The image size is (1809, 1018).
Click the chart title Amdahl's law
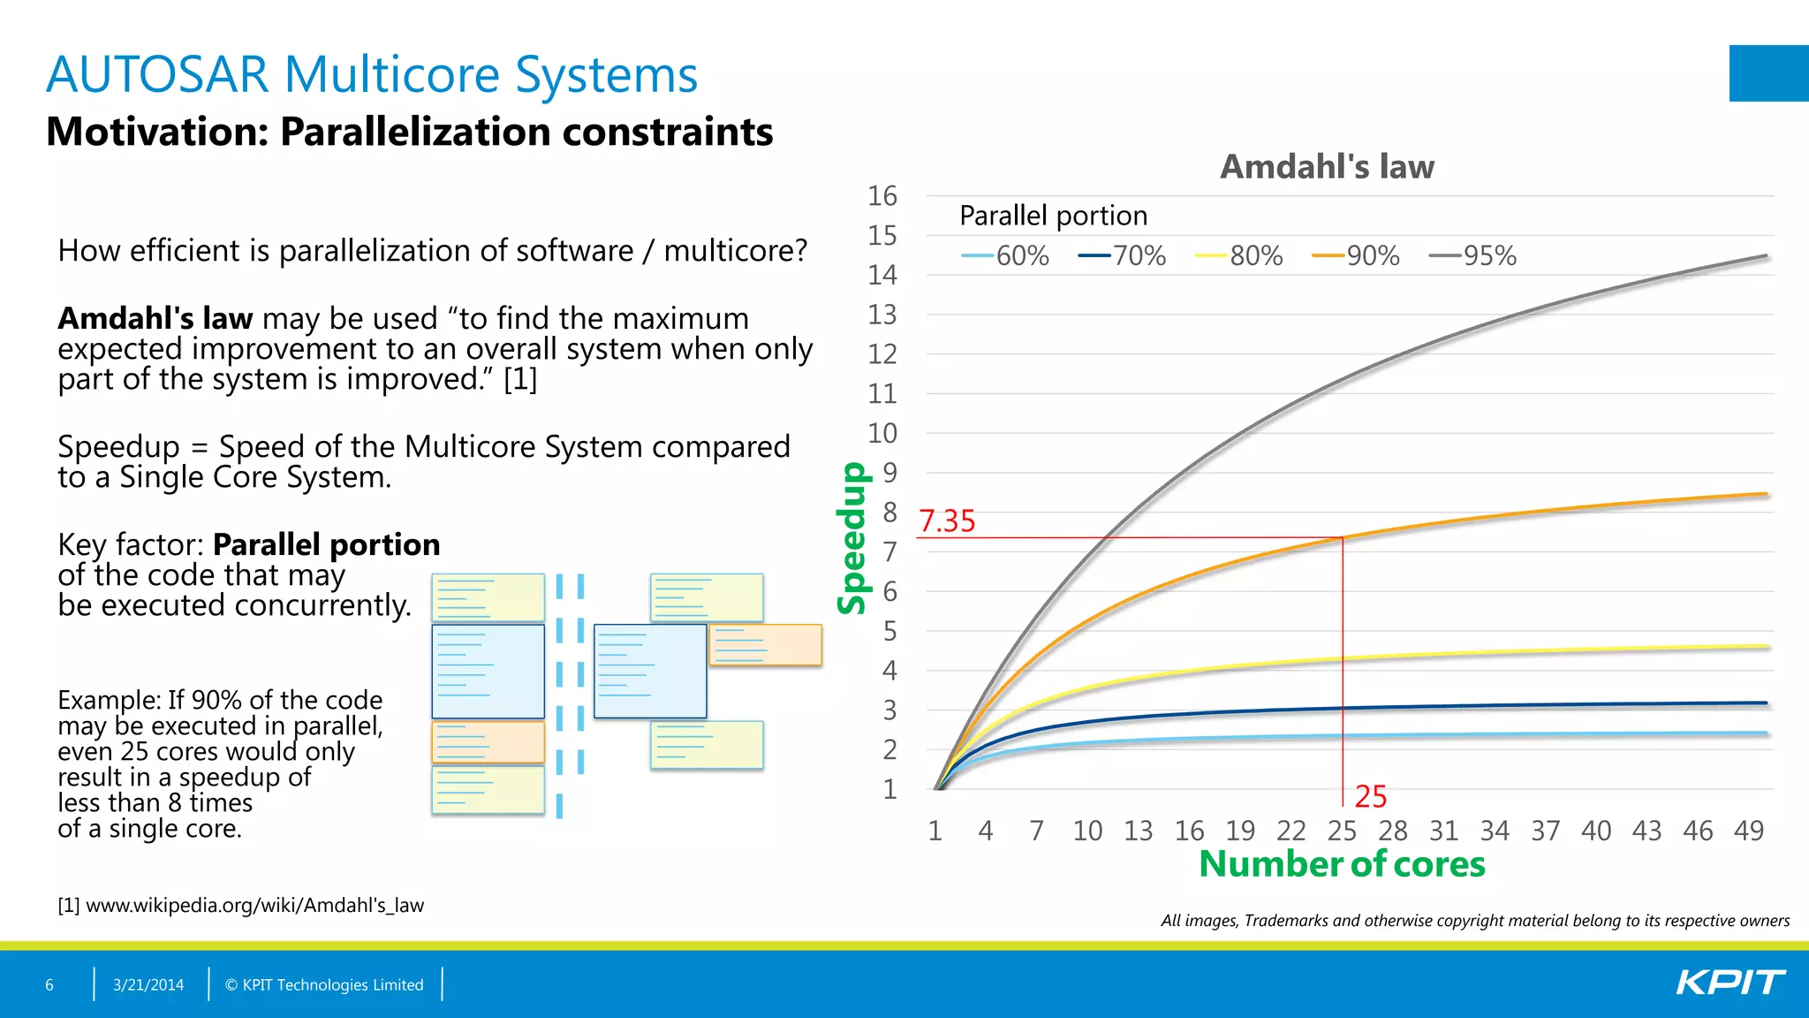[x=1327, y=167]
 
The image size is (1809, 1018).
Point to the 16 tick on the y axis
[x=882, y=196]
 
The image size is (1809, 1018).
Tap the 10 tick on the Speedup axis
[x=882, y=433]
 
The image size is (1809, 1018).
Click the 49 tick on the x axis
[x=1748, y=831]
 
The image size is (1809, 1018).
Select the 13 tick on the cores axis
[x=1138, y=831]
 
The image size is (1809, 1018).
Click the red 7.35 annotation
[x=947, y=521]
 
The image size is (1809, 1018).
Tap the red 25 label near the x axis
[x=1370, y=797]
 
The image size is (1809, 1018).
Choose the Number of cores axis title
[x=1342, y=864]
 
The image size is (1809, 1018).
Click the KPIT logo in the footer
[x=1730, y=983]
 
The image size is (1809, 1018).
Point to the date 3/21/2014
[x=148, y=984]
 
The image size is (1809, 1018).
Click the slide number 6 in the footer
[x=49, y=984]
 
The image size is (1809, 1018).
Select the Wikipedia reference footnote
[x=240, y=905]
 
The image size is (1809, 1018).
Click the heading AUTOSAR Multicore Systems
[x=372, y=74]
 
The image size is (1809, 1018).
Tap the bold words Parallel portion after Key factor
[x=326, y=544]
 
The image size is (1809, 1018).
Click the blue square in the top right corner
[x=1768, y=73]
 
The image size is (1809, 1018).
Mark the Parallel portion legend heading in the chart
[x=1053, y=216]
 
